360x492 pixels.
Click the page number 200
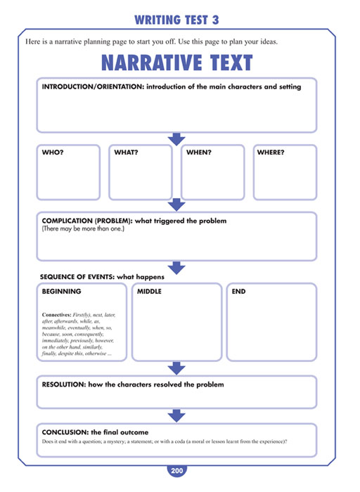(x=176, y=471)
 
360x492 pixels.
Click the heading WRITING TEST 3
(x=176, y=20)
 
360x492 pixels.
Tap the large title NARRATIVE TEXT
(x=176, y=63)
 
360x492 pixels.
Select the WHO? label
(x=53, y=153)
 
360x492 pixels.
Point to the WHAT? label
(x=126, y=153)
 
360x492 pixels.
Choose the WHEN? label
(x=199, y=153)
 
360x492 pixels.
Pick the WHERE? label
(x=271, y=153)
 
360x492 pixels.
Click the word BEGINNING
(x=61, y=292)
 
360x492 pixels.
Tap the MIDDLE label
(x=149, y=292)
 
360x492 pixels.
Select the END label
(x=238, y=292)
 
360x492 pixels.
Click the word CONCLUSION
(x=65, y=432)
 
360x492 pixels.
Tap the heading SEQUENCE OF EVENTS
(x=77, y=277)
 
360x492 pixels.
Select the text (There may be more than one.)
(x=83, y=228)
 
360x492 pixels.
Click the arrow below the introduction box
(x=176, y=139)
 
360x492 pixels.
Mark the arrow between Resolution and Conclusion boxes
(x=176, y=416)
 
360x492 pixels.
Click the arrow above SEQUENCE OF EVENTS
(x=176, y=268)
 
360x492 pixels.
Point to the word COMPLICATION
(x=67, y=221)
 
